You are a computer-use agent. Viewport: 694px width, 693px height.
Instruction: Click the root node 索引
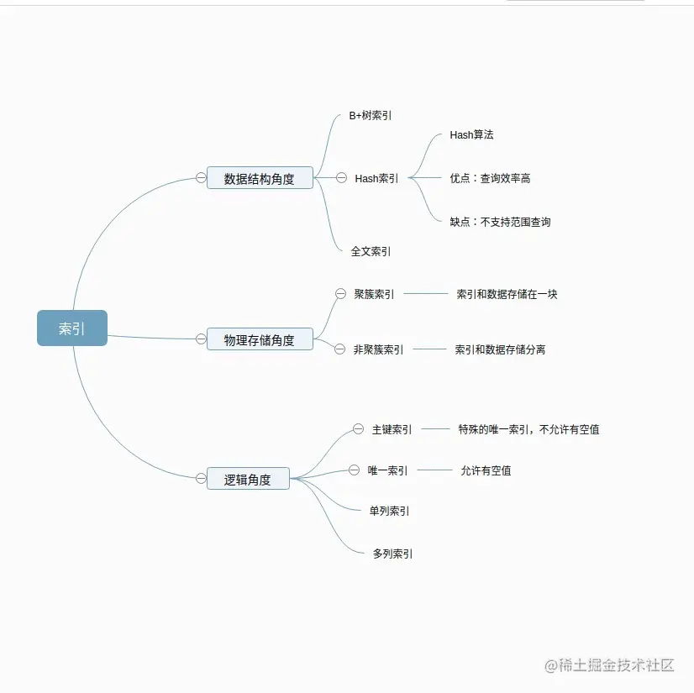(x=72, y=328)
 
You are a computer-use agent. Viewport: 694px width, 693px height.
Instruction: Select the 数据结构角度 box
(x=260, y=178)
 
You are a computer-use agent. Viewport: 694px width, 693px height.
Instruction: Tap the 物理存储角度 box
(x=260, y=339)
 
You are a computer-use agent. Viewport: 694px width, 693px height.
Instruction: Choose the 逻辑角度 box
(x=248, y=479)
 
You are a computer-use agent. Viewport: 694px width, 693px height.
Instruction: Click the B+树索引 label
(x=371, y=116)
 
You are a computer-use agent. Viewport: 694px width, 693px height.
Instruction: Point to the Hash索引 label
(x=376, y=178)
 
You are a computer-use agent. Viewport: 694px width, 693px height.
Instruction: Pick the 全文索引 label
(x=371, y=251)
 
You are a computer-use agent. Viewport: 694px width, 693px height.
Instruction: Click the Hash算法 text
(x=471, y=134)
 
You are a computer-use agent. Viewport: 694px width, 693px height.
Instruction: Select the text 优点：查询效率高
(x=490, y=178)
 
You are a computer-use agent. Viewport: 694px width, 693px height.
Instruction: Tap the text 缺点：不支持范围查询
(x=500, y=222)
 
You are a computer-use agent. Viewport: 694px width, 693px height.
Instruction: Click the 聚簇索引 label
(x=374, y=294)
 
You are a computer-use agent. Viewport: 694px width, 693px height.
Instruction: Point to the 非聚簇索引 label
(x=378, y=349)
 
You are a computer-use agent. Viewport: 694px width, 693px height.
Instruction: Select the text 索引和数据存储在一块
(x=507, y=294)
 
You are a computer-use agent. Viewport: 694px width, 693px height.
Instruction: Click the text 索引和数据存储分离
(x=500, y=349)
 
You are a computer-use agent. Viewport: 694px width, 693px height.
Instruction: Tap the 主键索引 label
(x=392, y=429)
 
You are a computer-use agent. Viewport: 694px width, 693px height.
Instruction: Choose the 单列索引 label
(x=390, y=511)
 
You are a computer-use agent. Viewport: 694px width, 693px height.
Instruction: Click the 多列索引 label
(x=392, y=554)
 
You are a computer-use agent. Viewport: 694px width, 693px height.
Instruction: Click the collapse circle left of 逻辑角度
(x=201, y=479)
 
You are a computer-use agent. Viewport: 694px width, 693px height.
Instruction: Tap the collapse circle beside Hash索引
(x=341, y=178)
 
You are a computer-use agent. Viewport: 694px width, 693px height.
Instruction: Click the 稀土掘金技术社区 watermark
(x=610, y=665)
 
